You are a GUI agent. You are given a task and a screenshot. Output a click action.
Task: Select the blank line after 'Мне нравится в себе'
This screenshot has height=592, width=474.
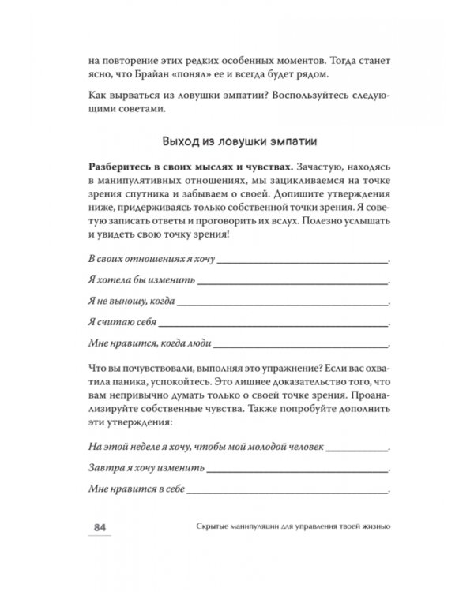coord(288,489)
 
